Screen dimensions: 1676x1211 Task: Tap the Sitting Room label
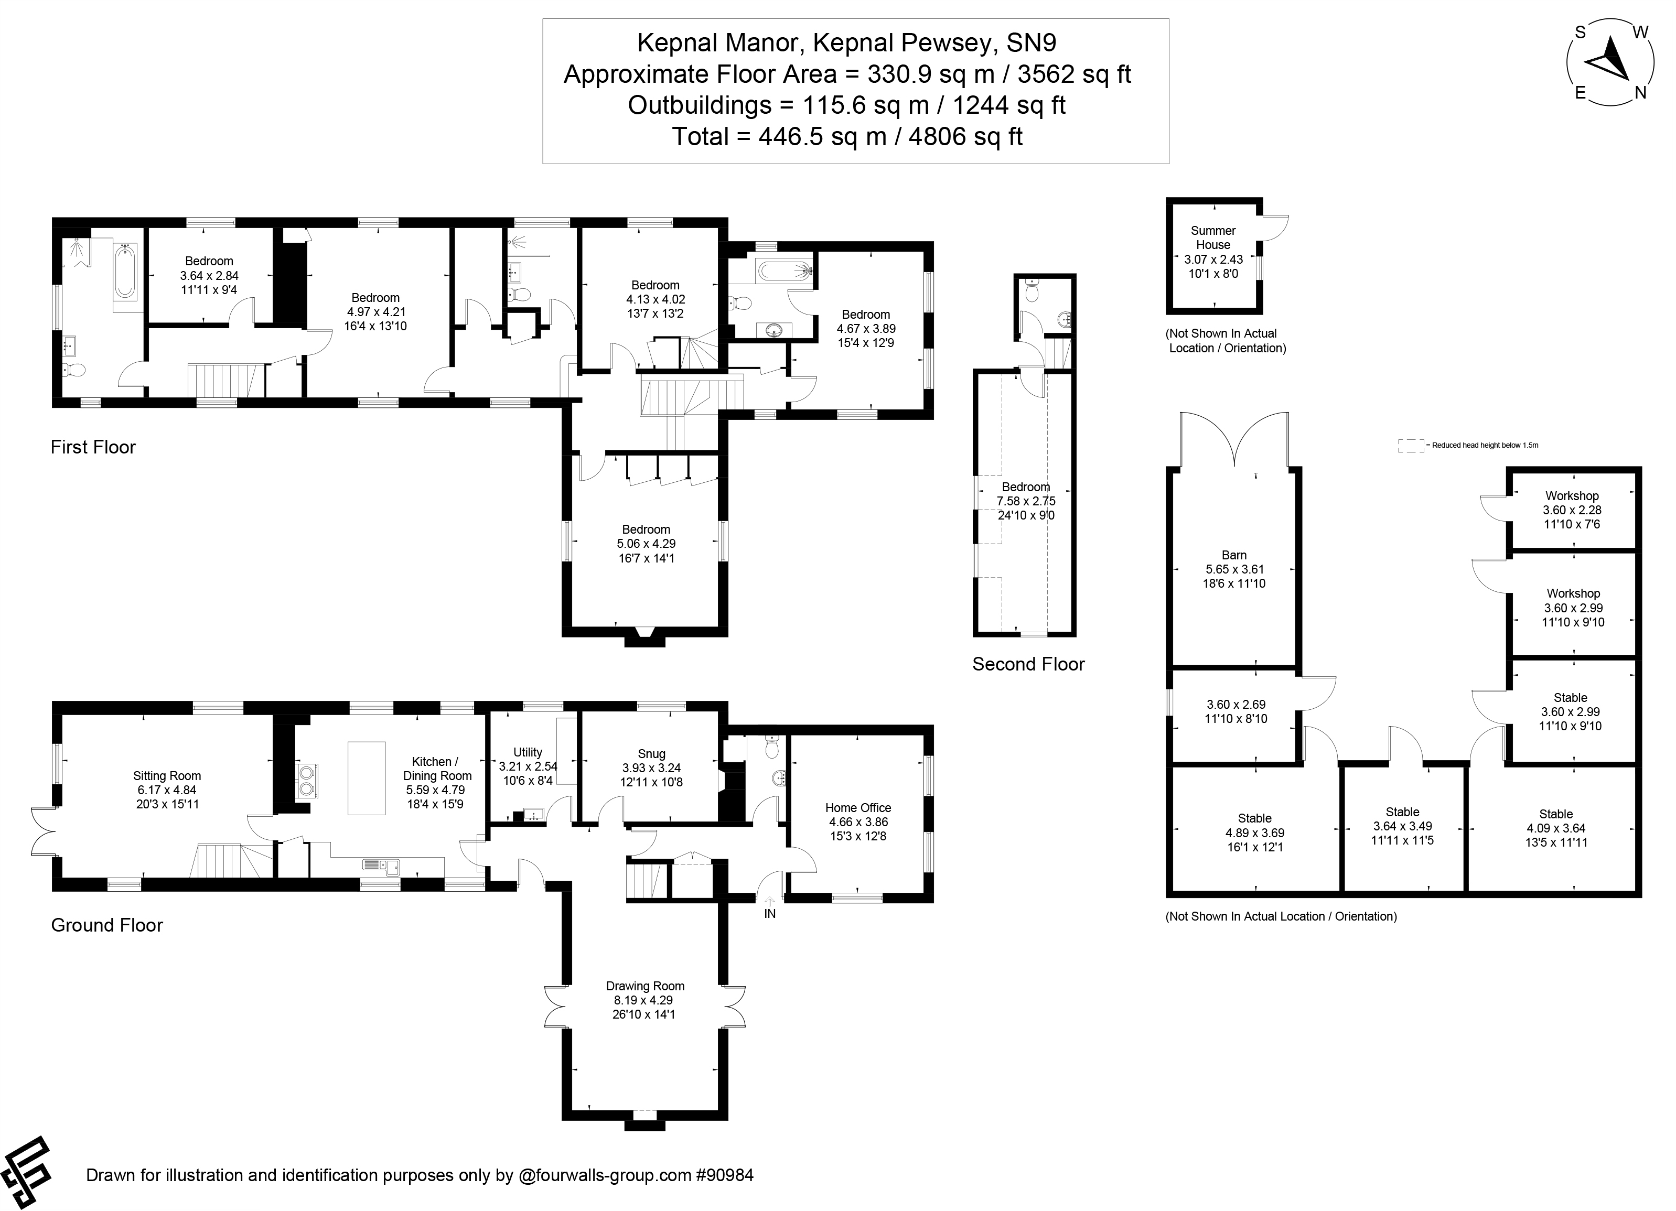click(x=167, y=776)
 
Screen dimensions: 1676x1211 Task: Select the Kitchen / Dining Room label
click(x=437, y=769)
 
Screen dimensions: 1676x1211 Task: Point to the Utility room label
click(x=528, y=752)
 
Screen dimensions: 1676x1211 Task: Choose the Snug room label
click(x=651, y=754)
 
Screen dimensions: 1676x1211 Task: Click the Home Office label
click(x=857, y=807)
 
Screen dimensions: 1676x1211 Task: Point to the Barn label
click(x=1233, y=555)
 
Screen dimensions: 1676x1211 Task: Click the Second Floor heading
click(x=1028, y=664)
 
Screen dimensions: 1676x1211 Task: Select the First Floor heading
click(x=93, y=447)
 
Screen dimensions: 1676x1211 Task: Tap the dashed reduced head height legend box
click(x=1410, y=446)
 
